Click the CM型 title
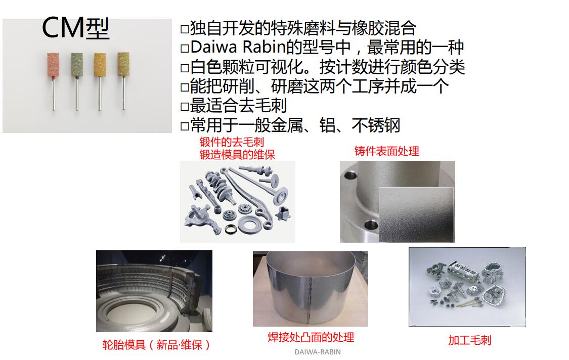(75, 28)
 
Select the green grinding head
(76, 65)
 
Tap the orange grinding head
(100, 65)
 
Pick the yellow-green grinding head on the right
(123, 65)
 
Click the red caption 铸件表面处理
(387, 151)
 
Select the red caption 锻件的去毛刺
(232, 142)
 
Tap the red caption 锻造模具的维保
(237, 155)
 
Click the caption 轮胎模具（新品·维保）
(156, 345)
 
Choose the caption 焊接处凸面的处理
(311, 337)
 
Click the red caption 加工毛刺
(469, 340)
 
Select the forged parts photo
(237, 201)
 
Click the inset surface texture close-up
(416, 213)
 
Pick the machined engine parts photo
(467, 287)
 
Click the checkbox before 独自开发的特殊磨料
(185, 29)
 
